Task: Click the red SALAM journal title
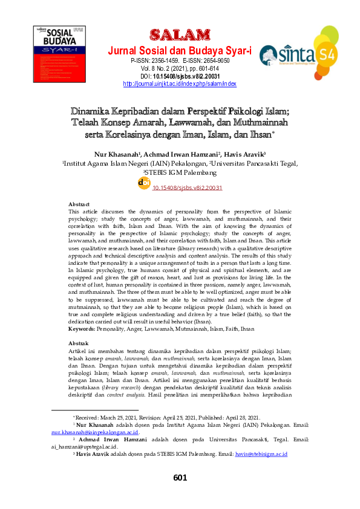pyautogui.click(x=178, y=33)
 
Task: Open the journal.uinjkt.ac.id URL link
pyautogui.click(x=179, y=84)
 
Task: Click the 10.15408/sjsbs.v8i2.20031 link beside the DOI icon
pyautogui.click(x=187, y=188)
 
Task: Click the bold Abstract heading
pyautogui.click(x=79, y=204)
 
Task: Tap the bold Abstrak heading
pyautogui.click(x=79, y=342)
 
